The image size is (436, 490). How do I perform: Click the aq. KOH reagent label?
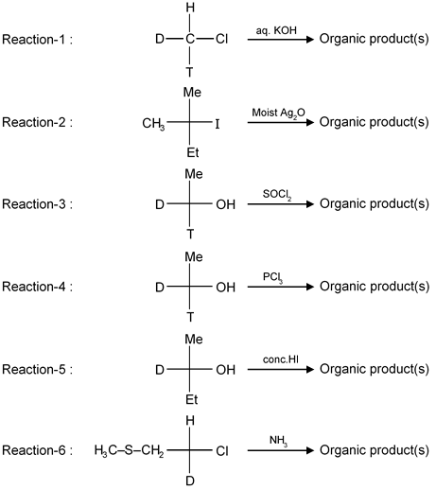pos(276,30)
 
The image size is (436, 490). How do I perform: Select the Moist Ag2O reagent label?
pos(278,114)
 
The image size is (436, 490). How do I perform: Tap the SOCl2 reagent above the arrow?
pos(277,195)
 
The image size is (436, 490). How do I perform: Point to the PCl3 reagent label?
pos(272,277)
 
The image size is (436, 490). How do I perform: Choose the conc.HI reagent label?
pos(281,359)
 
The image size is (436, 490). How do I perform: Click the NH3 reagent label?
pos(278,441)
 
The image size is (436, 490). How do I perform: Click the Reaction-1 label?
pos(37,40)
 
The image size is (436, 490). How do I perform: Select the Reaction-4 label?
pos(37,287)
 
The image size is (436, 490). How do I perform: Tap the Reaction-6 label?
pos(37,450)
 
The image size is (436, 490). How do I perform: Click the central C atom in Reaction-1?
pos(190,39)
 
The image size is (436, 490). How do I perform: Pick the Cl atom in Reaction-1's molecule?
pos(221,39)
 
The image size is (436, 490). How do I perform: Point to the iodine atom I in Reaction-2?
pos(218,125)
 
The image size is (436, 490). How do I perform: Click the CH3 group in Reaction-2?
pos(153,124)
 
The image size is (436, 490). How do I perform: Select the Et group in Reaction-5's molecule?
pos(192,399)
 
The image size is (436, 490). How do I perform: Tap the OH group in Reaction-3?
pos(225,204)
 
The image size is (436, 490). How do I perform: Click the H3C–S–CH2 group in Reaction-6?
pos(129,450)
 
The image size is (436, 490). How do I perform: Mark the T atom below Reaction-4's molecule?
pos(190,316)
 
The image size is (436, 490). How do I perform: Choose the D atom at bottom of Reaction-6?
pos(190,481)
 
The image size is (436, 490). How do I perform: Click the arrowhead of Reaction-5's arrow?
pos(310,369)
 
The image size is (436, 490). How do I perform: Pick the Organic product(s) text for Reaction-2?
pos(375,122)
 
